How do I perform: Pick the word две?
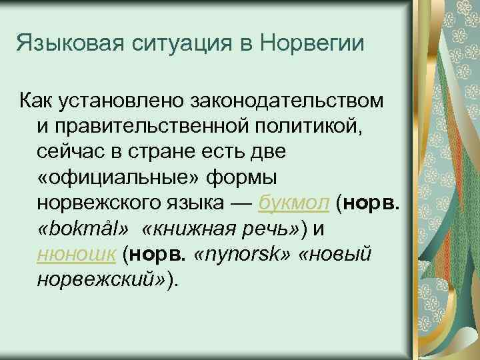point(267,151)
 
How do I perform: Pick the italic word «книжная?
point(185,228)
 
